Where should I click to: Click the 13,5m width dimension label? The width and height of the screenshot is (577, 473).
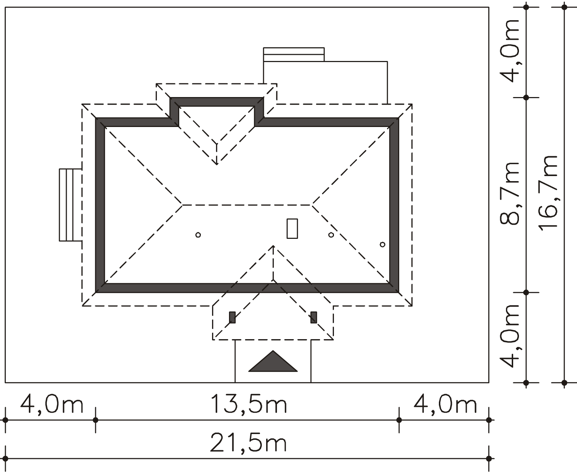(x=248, y=404)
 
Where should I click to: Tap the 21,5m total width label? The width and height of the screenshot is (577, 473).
(x=248, y=443)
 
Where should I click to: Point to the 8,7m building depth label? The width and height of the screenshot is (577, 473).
(x=510, y=193)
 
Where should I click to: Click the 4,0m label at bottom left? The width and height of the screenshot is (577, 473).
(x=52, y=404)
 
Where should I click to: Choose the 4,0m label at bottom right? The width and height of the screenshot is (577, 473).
(x=445, y=404)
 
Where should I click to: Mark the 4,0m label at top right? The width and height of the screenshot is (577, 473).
(x=510, y=51)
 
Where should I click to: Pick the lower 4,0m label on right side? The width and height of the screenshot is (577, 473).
(x=510, y=336)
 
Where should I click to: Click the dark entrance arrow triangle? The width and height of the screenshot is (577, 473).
(x=273, y=361)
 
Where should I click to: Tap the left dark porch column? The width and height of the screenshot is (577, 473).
(x=232, y=317)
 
